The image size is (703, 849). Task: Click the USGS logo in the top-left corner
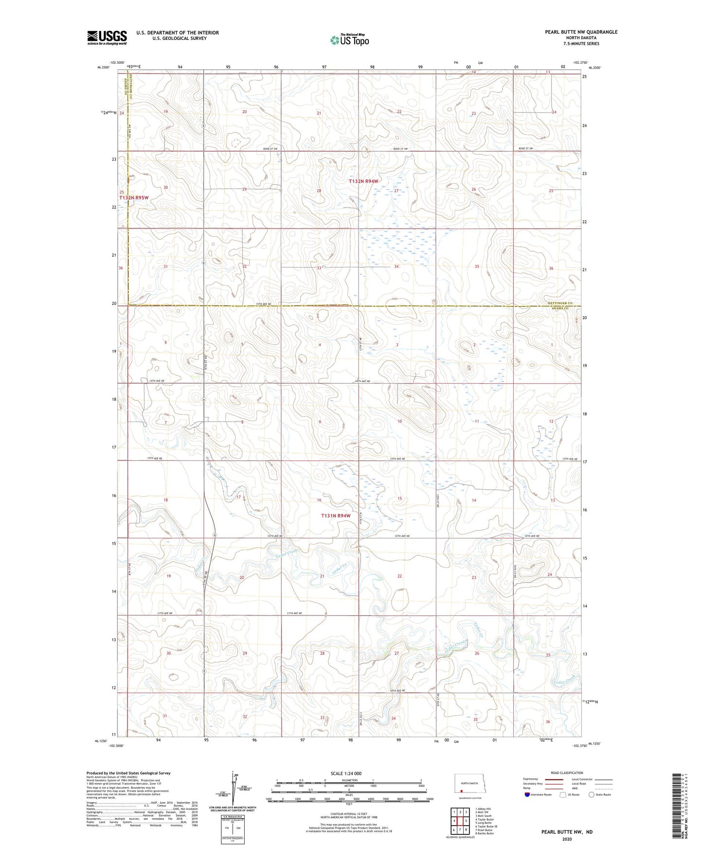click(x=107, y=37)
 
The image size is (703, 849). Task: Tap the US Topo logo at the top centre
click(x=349, y=40)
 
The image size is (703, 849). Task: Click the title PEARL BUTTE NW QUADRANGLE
click(x=581, y=32)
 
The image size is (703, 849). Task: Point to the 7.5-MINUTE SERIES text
click(x=581, y=44)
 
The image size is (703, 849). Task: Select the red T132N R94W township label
click(x=363, y=181)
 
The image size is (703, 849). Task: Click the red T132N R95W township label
click(x=134, y=198)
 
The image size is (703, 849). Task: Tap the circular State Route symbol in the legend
click(x=592, y=795)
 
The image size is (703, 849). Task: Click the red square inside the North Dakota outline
click(x=461, y=790)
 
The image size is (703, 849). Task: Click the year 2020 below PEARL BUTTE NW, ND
click(x=567, y=839)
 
